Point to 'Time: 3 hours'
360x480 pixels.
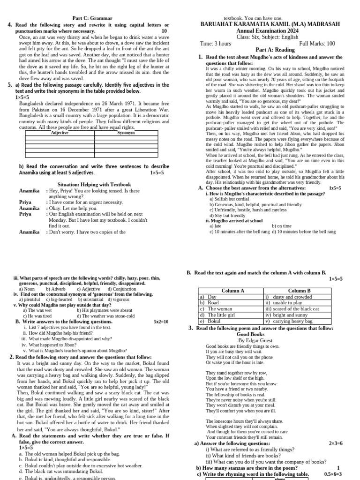[x=216, y=44]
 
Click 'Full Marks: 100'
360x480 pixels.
[x=317, y=44]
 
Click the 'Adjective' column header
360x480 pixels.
[x=60, y=133]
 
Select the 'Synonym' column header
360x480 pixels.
[x=126, y=133]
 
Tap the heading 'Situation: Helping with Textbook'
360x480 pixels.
[x=94, y=185]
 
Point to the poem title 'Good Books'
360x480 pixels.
[x=251, y=335]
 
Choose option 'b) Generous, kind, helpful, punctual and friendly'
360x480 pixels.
[x=255, y=205]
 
